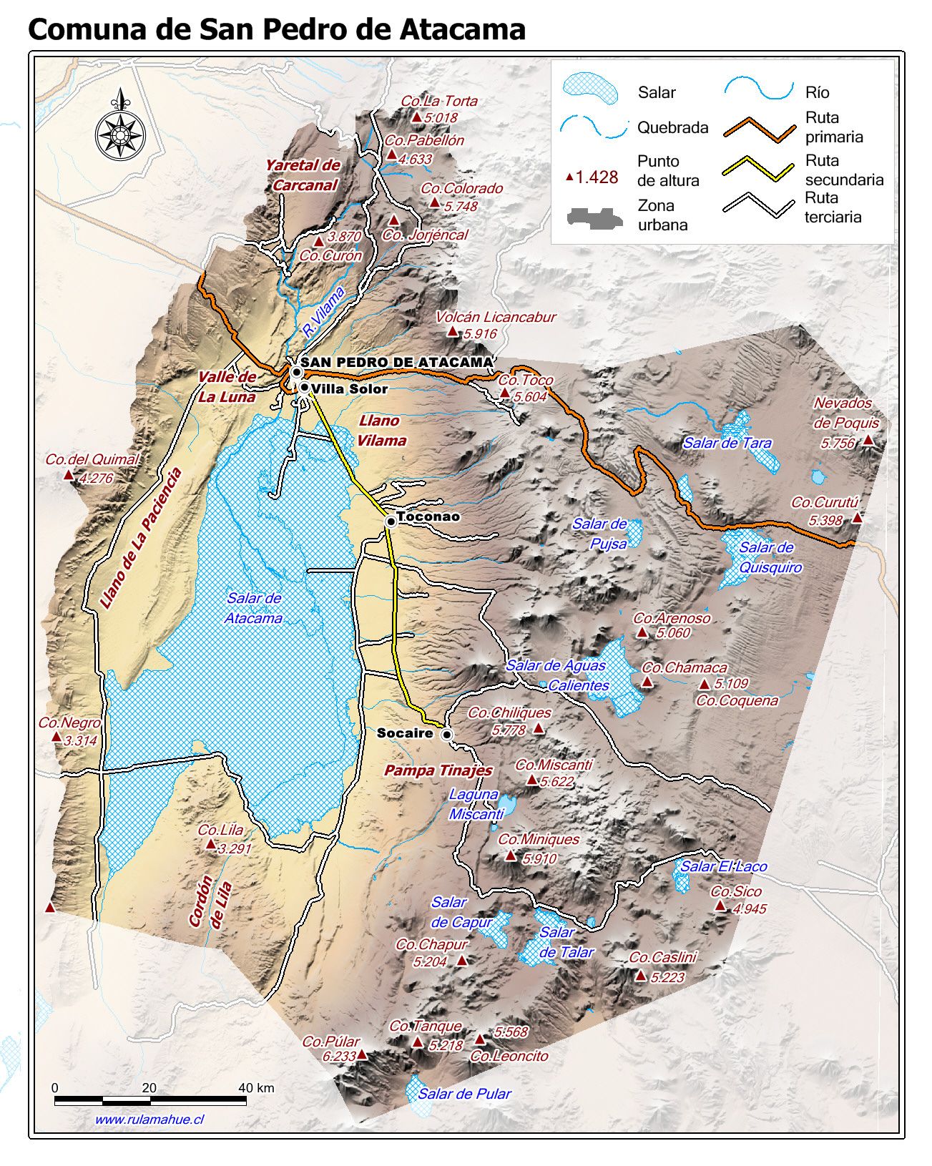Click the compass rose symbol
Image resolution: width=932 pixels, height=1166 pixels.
pos(120,132)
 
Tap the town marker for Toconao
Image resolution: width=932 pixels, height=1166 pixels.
pos(391,521)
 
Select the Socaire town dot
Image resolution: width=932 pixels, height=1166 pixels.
pos(447,735)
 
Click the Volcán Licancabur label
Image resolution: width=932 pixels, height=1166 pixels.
pos(495,317)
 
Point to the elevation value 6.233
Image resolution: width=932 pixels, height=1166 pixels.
pos(339,1056)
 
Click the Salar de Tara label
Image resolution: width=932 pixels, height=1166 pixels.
pos(727,443)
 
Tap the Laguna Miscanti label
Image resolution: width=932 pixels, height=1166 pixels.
pos(475,804)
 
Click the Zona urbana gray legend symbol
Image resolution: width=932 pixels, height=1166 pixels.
pos(591,217)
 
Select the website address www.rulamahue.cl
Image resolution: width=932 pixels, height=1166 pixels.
pos(149,1120)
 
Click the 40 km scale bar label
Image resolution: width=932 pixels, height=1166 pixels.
pos(256,1088)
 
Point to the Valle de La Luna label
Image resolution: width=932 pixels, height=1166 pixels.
pos(227,387)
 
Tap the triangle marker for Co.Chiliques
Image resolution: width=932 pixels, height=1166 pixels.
pos(539,729)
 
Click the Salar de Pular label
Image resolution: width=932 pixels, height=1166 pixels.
pos(464,1093)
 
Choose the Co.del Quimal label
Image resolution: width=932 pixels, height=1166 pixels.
pos(92,460)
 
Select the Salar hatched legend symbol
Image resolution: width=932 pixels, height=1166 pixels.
pos(590,88)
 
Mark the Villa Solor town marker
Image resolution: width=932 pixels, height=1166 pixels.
pos(305,388)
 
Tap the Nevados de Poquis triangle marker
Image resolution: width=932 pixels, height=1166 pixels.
pos(868,440)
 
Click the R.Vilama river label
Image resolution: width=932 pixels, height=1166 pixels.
pos(323,313)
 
